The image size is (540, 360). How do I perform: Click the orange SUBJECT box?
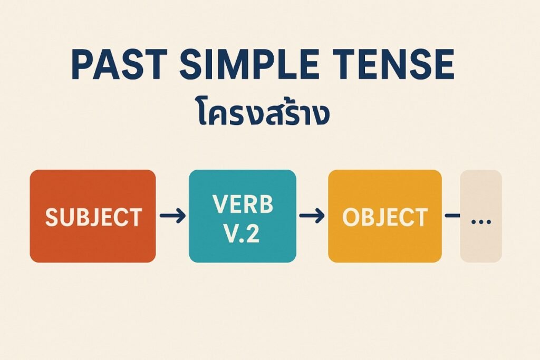[x=93, y=216]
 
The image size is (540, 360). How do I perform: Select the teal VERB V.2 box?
[x=243, y=216]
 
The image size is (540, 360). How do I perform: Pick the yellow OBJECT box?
[x=384, y=216]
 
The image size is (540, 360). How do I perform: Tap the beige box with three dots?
[x=481, y=216]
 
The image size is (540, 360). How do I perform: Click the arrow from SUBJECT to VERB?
[x=172, y=216]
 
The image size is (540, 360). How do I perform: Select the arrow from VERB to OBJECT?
[x=312, y=216]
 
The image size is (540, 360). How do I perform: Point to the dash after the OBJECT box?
[x=452, y=216]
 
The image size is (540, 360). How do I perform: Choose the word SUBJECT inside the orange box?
[x=94, y=217]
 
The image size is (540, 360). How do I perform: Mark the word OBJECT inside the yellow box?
[x=384, y=217]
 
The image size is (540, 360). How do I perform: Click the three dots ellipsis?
[x=481, y=222]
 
